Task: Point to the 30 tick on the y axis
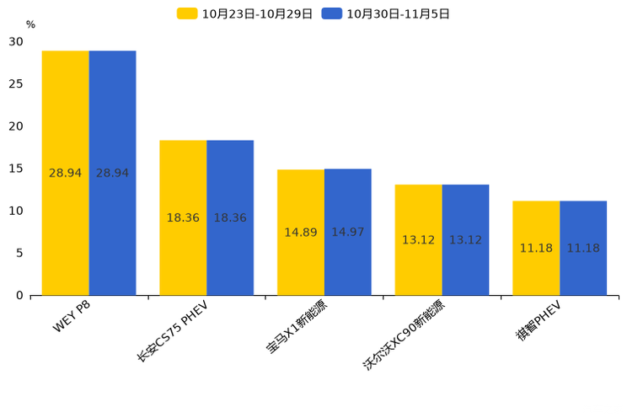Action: [x=16, y=41]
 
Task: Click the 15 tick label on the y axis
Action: [x=16, y=169]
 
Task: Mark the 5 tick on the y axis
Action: [x=19, y=253]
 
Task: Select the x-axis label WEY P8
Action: [x=72, y=316]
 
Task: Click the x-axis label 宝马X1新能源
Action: [x=297, y=326]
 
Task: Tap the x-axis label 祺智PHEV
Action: [x=539, y=321]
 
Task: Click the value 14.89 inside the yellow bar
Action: [x=301, y=233]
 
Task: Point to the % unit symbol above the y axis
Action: [x=30, y=24]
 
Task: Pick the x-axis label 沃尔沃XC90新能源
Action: [x=404, y=335]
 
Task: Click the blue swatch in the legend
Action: [x=332, y=13]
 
